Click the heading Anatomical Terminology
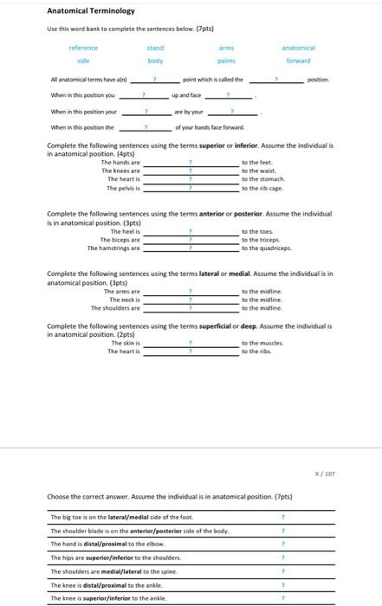91,11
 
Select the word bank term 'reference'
83,48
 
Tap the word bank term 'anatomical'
298,48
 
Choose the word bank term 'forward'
298,61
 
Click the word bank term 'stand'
155,48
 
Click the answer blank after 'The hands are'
191,163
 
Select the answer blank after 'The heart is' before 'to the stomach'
191,179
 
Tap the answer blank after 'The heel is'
191,231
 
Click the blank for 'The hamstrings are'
191,248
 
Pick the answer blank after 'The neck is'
191,300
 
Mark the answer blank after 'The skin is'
191,344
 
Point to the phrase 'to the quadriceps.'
268,248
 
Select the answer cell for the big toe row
282,517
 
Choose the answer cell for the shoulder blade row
282,531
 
